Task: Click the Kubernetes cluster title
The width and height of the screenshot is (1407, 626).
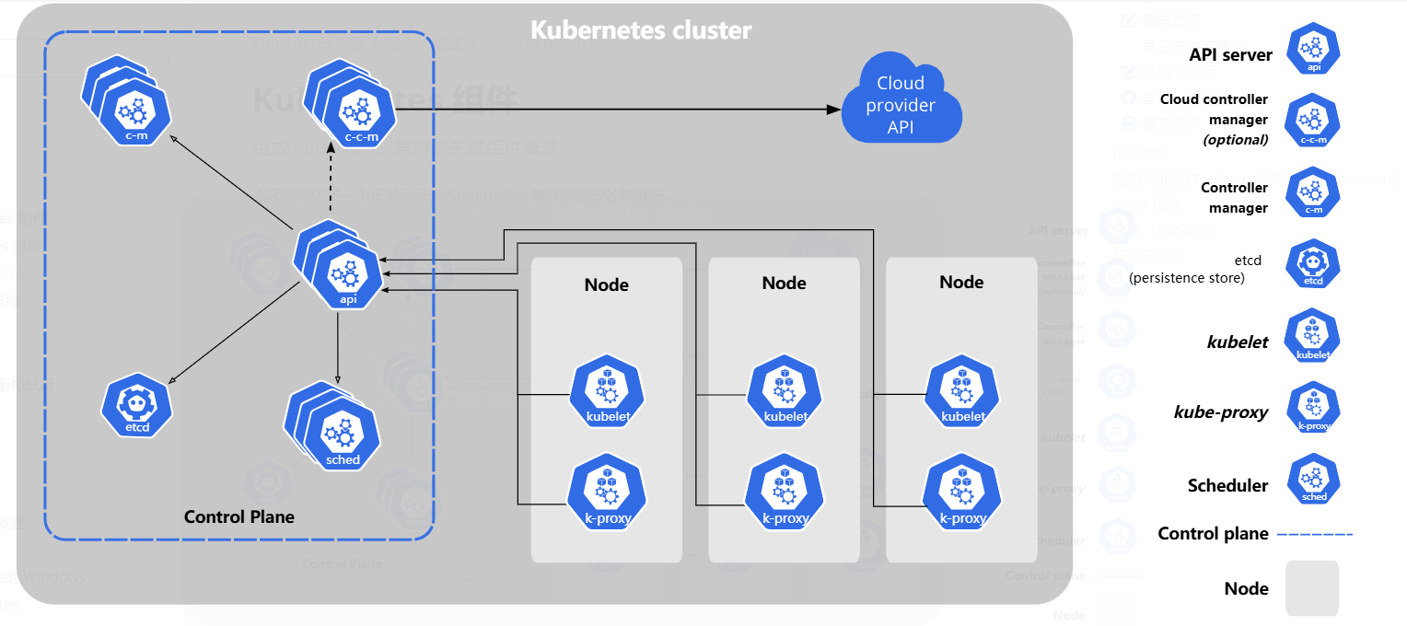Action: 641,29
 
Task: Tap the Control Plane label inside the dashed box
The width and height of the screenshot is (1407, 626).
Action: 239,516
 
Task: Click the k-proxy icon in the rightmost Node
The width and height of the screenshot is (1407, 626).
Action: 961,494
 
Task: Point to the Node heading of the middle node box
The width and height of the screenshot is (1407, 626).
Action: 784,283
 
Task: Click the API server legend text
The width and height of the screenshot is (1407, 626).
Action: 1230,55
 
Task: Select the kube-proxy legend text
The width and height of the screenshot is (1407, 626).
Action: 1221,412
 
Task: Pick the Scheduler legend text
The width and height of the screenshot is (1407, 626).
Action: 1227,486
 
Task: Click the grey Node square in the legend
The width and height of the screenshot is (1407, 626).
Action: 1311,588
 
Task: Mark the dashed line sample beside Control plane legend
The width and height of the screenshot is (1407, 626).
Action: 1315,534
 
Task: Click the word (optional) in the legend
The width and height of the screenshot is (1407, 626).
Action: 1236,140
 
